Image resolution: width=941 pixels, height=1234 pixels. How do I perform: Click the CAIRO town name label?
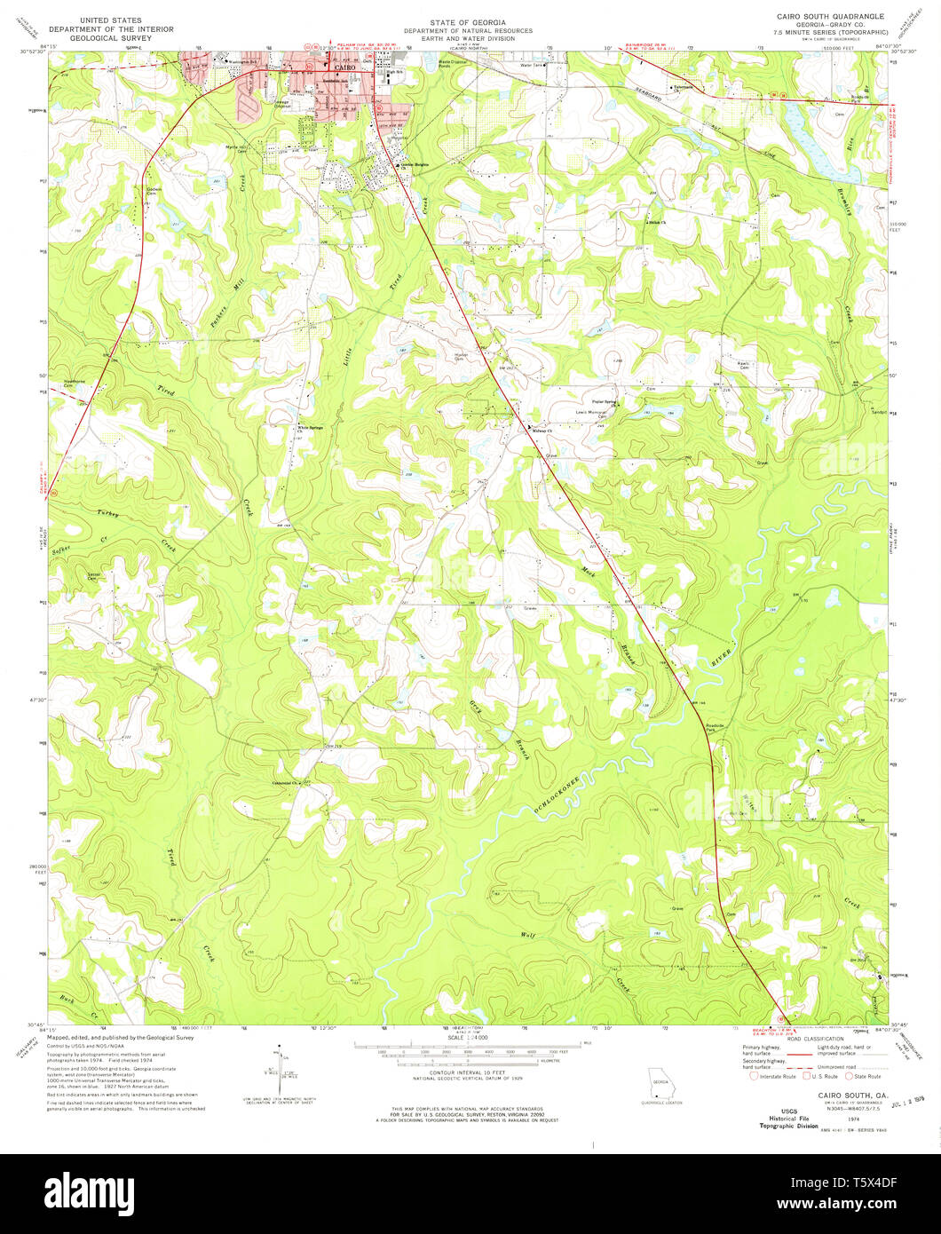coord(343,65)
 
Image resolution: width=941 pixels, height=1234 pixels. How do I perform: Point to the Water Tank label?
coord(531,66)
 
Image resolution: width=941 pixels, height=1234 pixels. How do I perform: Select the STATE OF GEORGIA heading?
coord(467,21)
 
